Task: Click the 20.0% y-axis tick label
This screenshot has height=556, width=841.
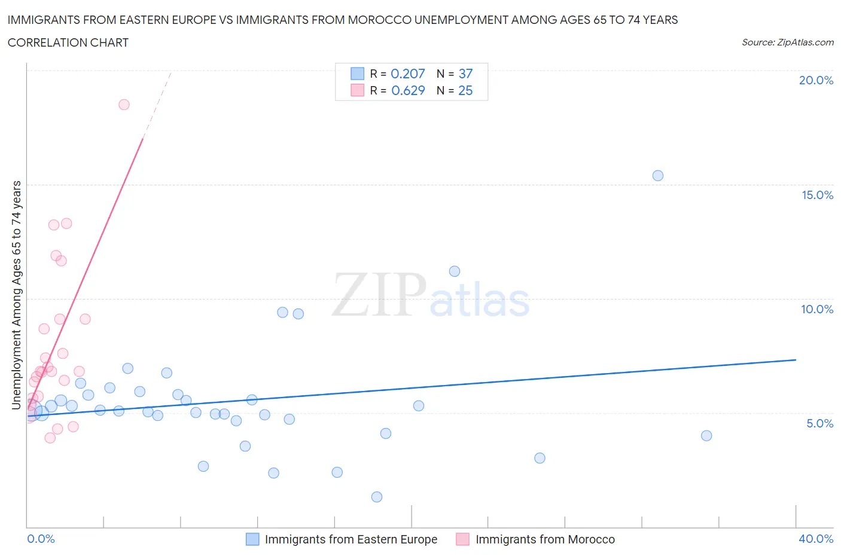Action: point(816,80)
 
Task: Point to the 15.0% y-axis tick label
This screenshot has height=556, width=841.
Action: point(817,195)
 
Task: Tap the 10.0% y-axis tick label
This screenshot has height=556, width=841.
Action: point(817,309)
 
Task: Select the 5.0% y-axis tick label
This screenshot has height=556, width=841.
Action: point(819,423)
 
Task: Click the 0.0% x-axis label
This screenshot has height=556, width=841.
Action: point(41,539)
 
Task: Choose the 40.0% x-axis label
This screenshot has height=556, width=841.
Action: point(816,539)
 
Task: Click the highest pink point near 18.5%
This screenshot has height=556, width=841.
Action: point(124,105)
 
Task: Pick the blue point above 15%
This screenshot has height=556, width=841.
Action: point(658,176)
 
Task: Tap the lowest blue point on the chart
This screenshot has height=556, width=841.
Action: point(377,497)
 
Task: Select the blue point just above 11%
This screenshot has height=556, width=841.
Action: point(455,271)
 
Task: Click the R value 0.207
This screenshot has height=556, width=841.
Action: point(407,74)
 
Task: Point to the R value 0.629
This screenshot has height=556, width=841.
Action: point(408,90)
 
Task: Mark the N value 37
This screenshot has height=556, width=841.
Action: point(465,74)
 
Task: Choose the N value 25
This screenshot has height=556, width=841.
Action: point(465,90)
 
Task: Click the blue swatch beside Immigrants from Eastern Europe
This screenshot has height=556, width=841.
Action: point(252,539)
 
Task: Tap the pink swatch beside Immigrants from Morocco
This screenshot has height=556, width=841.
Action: point(463,539)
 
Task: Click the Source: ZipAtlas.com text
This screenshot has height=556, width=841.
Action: point(787,42)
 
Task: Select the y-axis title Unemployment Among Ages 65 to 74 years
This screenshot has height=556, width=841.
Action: point(17,295)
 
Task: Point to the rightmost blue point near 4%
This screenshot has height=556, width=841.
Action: point(706,436)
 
